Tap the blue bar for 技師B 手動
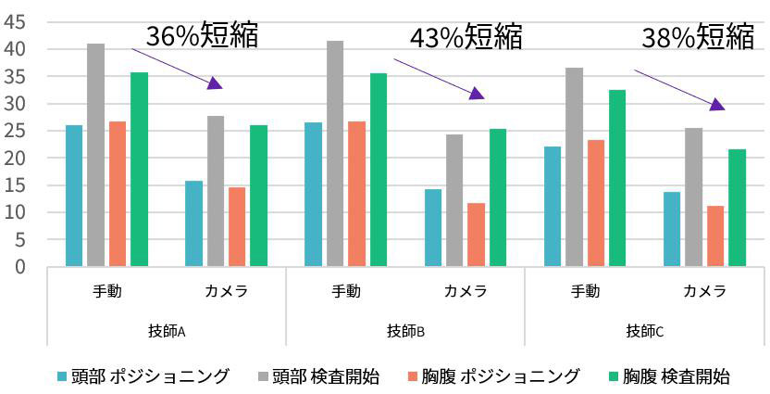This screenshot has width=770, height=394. (x=313, y=195)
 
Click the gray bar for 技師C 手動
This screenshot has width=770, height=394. (x=574, y=168)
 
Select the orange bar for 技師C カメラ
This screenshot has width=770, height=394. (x=715, y=236)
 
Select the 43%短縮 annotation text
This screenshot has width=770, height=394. (x=466, y=37)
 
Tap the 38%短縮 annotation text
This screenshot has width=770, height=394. (x=699, y=37)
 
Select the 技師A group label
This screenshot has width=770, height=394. (x=167, y=330)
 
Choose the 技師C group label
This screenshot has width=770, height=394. (x=644, y=330)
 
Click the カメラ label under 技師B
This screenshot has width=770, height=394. (x=466, y=291)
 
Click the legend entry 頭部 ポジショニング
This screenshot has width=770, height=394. (x=143, y=376)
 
